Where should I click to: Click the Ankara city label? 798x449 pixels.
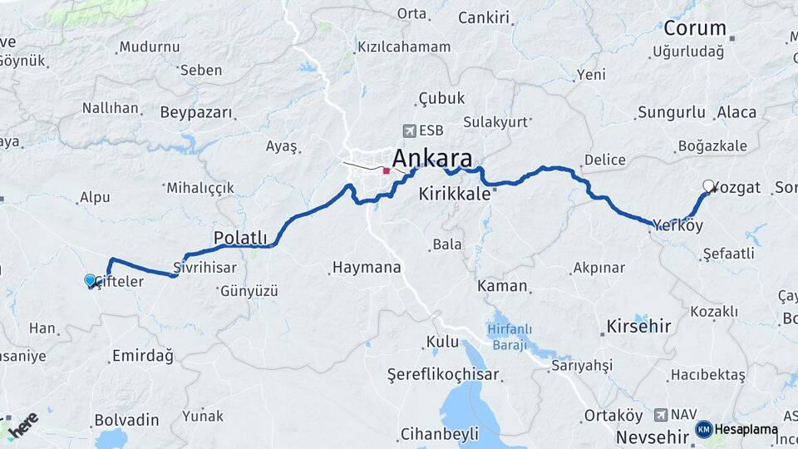click(x=432, y=158)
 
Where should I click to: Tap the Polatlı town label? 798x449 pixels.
click(x=240, y=238)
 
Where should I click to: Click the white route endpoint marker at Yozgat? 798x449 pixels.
click(x=708, y=186)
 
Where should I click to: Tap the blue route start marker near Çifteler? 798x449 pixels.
click(x=90, y=281)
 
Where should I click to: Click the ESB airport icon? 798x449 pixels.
click(x=409, y=131)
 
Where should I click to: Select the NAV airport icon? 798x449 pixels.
click(x=661, y=414)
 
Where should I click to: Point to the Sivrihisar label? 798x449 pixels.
click(x=205, y=268)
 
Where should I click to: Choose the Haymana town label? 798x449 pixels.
click(x=366, y=268)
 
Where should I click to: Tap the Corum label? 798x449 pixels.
click(x=695, y=28)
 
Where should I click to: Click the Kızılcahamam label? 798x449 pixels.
click(x=403, y=47)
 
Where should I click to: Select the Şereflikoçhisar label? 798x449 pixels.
click(x=443, y=375)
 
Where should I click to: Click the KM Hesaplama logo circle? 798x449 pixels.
click(x=703, y=429)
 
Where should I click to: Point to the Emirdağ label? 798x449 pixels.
click(x=142, y=357)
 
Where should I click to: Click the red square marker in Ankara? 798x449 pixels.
click(x=386, y=171)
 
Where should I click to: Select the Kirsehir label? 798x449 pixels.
click(x=638, y=325)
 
